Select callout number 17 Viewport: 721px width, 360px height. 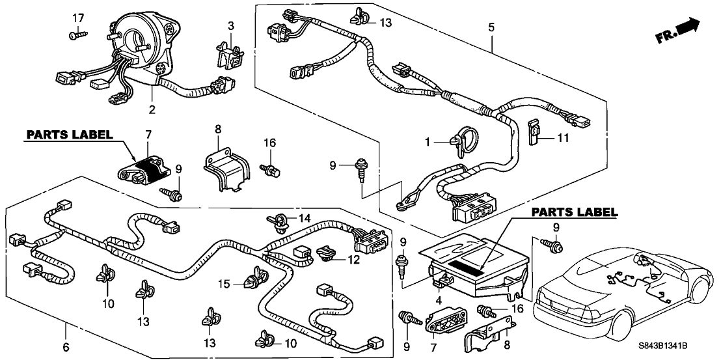[x=78, y=17]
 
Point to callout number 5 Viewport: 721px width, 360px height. [x=491, y=27]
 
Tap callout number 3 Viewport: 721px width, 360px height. [x=231, y=25]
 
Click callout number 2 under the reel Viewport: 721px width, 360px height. [x=152, y=110]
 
